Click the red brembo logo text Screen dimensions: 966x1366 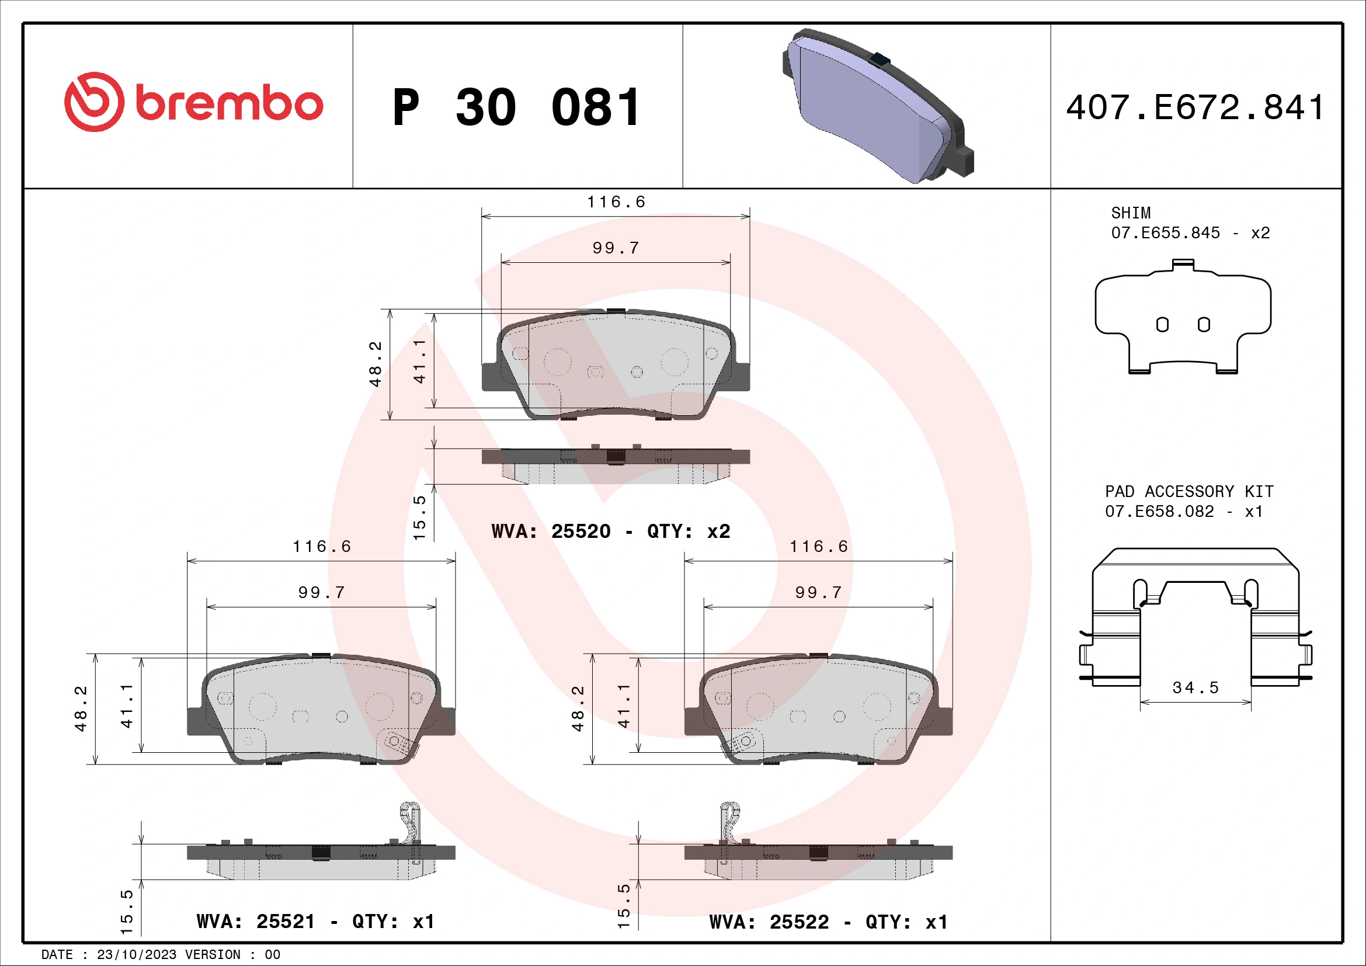pyautogui.click(x=229, y=103)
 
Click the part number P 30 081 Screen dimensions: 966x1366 pyautogui.click(x=516, y=107)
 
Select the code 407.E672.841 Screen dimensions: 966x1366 pyautogui.click(x=1195, y=107)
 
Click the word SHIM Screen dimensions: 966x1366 pyautogui.click(x=1131, y=213)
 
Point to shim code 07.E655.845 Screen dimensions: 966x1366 pyautogui.click(x=1165, y=232)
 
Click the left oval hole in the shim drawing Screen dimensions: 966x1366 pyautogui.click(x=1162, y=325)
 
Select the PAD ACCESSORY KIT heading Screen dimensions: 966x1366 pyautogui.click(x=1188, y=491)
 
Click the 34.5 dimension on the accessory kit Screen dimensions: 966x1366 pyautogui.click(x=1195, y=687)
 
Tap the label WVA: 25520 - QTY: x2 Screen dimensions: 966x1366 pyautogui.click(x=610, y=531)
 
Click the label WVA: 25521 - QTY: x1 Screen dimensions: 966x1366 pyautogui.click(x=315, y=922)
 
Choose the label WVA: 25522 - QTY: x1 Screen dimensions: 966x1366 pyautogui.click(x=828, y=922)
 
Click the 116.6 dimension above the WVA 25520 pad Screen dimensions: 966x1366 pyautogui.click(x=616, y=202)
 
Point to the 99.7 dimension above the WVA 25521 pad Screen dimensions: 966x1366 pyautogui.click(x=321, y=592)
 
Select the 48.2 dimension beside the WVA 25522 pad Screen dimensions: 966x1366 pyautogui.click(x=578, y=708)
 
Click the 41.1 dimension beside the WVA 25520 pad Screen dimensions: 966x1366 pyautogui.click(x=420, y=361)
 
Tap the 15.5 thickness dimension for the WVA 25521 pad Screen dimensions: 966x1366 pyautogui.click(x=127, y=911)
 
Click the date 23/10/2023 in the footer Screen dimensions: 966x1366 pyautogui.click(x=136, y=954)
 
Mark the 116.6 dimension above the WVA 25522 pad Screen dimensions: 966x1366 pyautogui.click(x=818, y=547)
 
